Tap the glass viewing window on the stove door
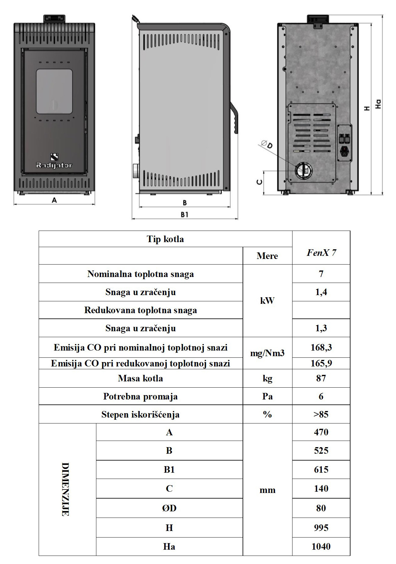54,91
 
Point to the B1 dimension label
185,215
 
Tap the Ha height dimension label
378,104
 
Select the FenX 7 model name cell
321,253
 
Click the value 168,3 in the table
321,347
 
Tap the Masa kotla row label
140,378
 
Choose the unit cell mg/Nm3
267,353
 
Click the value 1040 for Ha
321,546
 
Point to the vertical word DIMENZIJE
65,489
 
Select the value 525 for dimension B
321,450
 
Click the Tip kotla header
165,239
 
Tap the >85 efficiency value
321,414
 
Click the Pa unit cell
267,396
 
